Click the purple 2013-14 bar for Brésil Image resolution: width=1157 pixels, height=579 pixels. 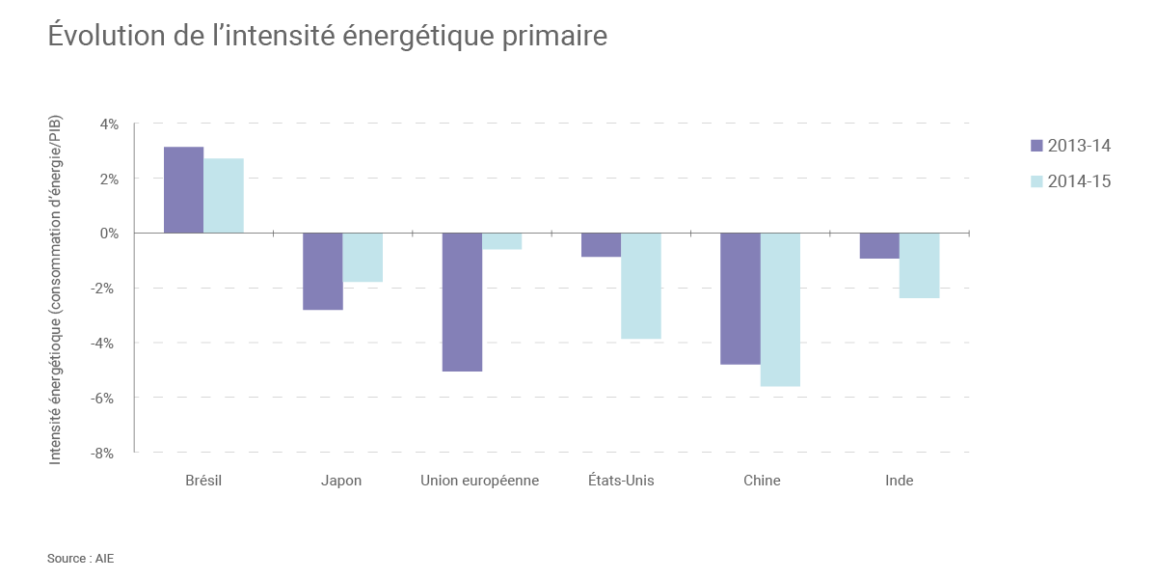click(183, 190)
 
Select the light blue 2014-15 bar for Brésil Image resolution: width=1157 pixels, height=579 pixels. click(224, 196)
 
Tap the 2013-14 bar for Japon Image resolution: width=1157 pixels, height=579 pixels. click(323, 271)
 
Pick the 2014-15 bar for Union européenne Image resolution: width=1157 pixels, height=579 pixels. click(502, 241)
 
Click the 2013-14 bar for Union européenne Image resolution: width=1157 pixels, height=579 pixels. click(462, 302)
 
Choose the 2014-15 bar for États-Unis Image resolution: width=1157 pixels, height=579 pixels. click(641, 286)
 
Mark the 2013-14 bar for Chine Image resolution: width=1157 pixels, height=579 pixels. click(740, 298)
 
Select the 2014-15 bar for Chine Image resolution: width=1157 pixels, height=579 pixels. click(780, 310)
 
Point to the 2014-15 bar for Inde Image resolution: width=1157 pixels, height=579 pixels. click(920, 265)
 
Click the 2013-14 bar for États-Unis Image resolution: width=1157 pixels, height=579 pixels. click(601, 245)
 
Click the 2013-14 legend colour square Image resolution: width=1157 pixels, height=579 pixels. click(1036, 146)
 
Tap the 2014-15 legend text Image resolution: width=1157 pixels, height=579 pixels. click(1080, 180)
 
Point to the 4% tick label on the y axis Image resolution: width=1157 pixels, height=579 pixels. click(108, 124)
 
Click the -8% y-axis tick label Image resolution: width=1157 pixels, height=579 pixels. click(106, 452)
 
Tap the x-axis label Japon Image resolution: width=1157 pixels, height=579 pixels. click(341, 481)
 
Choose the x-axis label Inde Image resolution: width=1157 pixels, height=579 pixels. click(899, 481)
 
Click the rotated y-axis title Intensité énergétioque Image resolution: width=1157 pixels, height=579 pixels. click(55, 289)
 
